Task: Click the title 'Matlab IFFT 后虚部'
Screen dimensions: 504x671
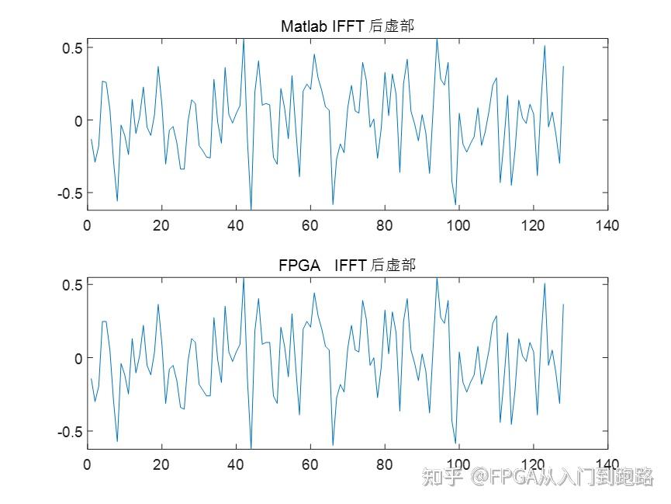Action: [x=347, y=26]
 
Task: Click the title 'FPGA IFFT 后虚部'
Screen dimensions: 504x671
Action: [x=347, y=266]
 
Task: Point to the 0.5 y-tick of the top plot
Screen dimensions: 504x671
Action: [x=72, y=47]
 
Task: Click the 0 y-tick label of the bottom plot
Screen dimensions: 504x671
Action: [x=78, y=359]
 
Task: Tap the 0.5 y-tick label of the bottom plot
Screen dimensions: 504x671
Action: [x=72, y=285]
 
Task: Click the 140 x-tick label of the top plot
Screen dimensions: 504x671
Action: [x=607, y=225]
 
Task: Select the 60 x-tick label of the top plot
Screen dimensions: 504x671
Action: [x=310, y=225]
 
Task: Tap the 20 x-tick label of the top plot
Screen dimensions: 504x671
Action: [x=161, y=225]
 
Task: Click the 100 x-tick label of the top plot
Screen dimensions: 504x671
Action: [x=458, y=225]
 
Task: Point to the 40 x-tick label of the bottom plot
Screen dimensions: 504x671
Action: [x=236, y=464]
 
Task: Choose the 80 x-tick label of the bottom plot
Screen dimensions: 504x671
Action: [x=384, y=464]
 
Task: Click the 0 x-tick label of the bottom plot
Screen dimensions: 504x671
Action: [x=87, y=464]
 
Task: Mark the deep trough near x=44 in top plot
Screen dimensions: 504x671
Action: [x=251, y=208]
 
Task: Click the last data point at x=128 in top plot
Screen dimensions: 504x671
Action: [x=563, y=67]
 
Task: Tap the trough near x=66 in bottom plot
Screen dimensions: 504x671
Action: [x=333, y=444]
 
